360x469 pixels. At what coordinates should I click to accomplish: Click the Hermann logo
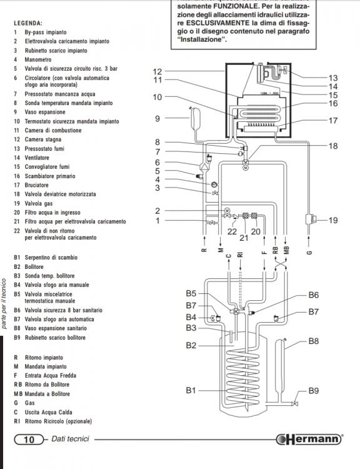tap(309, 439)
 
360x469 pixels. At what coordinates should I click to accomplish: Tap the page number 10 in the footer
tap(29, 439)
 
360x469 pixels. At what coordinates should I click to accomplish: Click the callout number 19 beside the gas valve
tap(333, 221)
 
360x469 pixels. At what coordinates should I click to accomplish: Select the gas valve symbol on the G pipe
tap(311, 219)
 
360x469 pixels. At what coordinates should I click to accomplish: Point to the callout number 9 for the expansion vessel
tap(157, 119)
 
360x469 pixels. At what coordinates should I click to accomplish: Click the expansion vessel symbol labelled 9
tap(194, 118)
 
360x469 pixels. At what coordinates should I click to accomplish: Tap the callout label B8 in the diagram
tap(313, 341)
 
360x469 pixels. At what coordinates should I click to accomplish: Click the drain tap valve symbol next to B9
tap(296, 403)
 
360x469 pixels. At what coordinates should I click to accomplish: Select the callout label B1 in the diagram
tap(191, 390)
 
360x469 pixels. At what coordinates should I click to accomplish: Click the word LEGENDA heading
tap(28, 23)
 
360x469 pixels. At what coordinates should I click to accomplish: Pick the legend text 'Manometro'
tap(38, 59)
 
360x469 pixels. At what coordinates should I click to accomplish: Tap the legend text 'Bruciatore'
tap(36, 185)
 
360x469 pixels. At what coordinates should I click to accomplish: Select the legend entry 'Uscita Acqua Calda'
tap(49, 412)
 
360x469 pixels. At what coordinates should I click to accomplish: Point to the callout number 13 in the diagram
tap(333, 78)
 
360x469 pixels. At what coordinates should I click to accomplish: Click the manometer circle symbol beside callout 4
tap(214, 184)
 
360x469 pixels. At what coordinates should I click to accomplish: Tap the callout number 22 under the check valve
tap(232, 231)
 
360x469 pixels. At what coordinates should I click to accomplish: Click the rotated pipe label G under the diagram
tap(310, 253)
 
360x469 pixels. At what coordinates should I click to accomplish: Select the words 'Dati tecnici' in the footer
tap(70, 439)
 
